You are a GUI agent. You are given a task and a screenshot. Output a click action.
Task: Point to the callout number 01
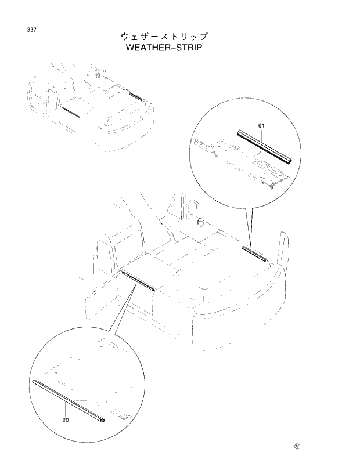tap(261, 125)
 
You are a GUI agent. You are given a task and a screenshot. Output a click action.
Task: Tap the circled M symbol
tap(297, 447)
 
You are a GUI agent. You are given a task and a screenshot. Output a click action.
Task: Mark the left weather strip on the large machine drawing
tap(137, 279)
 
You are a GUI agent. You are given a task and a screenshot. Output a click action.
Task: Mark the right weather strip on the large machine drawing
tap(254, 254)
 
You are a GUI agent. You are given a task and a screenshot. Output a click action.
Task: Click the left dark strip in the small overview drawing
tap(70, 111)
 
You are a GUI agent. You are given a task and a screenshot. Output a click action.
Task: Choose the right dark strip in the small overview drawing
tap(135, 95)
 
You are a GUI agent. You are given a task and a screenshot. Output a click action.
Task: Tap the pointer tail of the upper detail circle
tap(251, 226)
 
